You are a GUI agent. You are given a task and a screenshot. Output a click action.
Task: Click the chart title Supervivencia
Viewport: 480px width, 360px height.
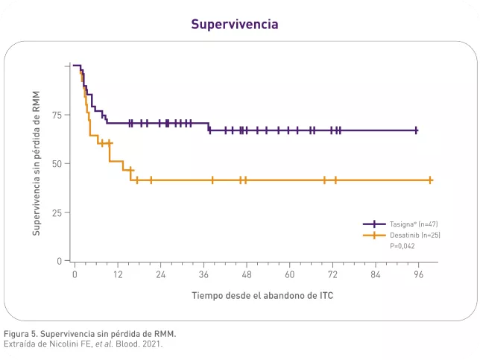[x=235, y=25]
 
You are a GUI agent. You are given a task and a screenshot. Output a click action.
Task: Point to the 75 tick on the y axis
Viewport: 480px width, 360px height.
[x=57, y=115]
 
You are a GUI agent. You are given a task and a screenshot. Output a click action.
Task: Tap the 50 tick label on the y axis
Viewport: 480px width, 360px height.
[x=57, y=163]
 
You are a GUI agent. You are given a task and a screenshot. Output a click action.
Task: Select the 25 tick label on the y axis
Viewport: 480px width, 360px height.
[x=57, y=212]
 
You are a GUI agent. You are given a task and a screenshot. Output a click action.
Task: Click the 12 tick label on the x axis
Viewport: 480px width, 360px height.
[x=117, y=275]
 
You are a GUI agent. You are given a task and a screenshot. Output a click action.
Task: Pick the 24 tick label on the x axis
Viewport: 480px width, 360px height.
[x=160, y=275]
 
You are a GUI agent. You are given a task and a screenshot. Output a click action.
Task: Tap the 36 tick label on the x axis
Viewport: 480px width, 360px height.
[x=203, y=275]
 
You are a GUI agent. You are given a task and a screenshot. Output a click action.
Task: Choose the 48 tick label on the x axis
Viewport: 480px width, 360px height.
[x=246, y=275]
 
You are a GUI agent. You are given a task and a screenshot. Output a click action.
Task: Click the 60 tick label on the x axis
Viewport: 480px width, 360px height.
[x=289, y=275]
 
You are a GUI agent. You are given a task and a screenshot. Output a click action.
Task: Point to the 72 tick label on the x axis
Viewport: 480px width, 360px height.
[x=332, y=275]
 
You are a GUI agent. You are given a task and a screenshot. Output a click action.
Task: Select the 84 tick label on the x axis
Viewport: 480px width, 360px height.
[x=376, y=275]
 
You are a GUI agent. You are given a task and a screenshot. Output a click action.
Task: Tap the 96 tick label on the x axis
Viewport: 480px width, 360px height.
[x=418, y=275]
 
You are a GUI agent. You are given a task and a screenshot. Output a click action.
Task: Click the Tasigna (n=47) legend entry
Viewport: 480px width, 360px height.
[x=409, y=224]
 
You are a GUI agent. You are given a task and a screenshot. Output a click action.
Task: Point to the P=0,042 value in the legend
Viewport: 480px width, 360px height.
[x=403, y=245]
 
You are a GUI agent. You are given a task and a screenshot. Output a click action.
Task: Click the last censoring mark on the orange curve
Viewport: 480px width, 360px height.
[x=430, y=180]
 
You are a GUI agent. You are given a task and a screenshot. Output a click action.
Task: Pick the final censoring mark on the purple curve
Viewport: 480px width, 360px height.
[x=416, y=130]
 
